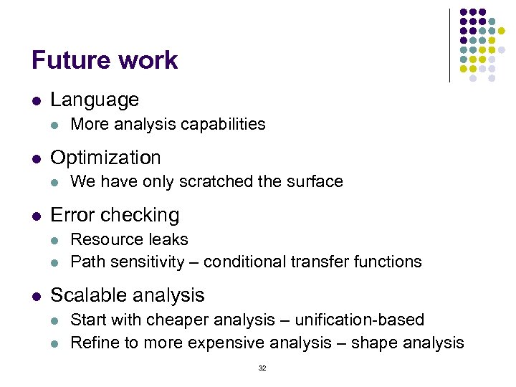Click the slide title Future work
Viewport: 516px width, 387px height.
point(105,60)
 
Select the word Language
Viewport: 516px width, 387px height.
point(95,100)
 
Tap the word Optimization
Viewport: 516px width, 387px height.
point(105,157)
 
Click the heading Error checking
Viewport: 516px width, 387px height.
point(115,214)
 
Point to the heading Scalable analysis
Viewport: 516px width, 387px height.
point(128,295)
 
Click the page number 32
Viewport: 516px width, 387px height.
point(262,368)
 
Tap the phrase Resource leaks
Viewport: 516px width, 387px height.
point(129,239)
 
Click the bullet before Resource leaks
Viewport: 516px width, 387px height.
point(57,240)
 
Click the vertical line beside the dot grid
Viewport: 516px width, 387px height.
point(449,45)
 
